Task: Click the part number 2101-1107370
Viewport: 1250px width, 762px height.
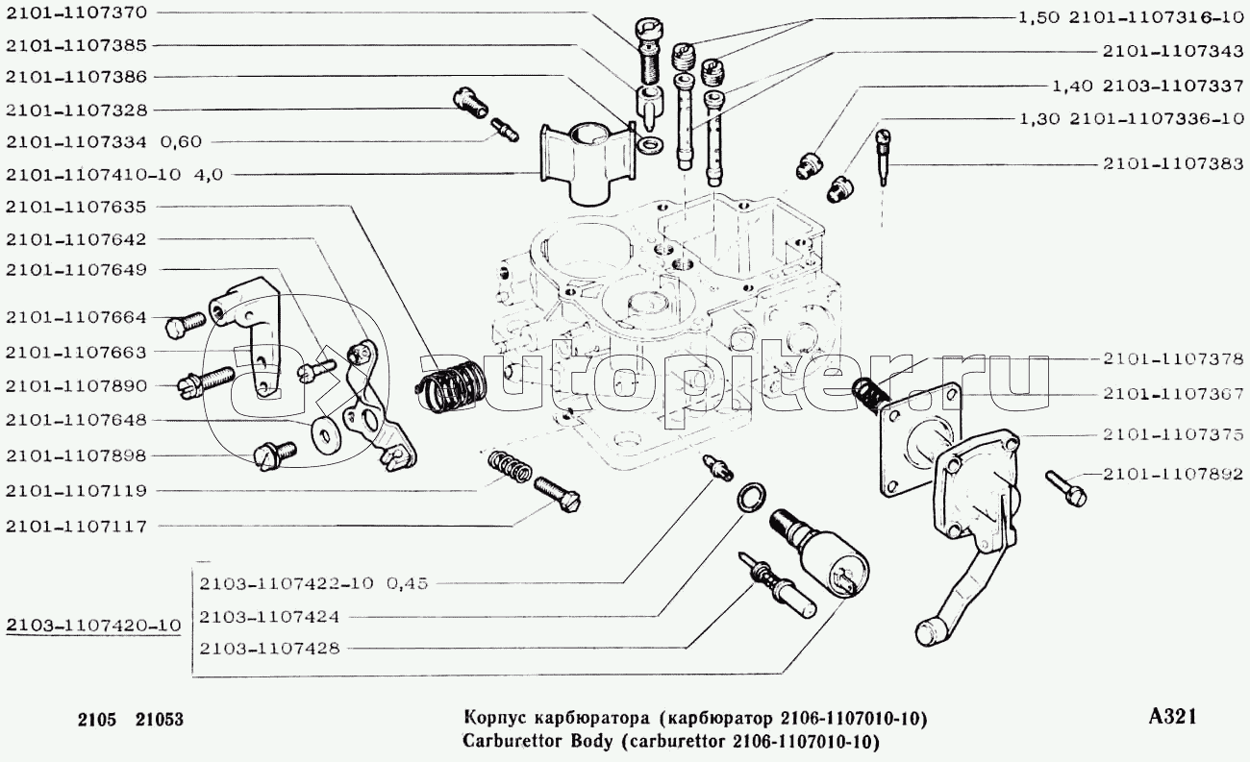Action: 76,13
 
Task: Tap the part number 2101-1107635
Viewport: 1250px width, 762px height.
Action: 76,207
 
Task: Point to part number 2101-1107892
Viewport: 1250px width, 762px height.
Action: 1173,473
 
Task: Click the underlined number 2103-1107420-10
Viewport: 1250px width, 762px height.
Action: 93,626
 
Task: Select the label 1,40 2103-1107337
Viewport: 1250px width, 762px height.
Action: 1148,86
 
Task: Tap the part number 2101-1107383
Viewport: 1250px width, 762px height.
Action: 1173,164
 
